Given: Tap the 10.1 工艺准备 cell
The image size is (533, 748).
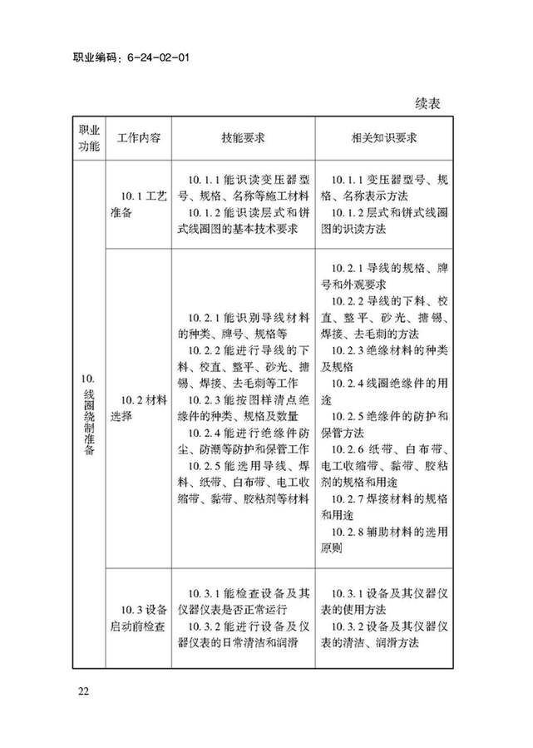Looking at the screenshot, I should (x=138, y=204).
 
